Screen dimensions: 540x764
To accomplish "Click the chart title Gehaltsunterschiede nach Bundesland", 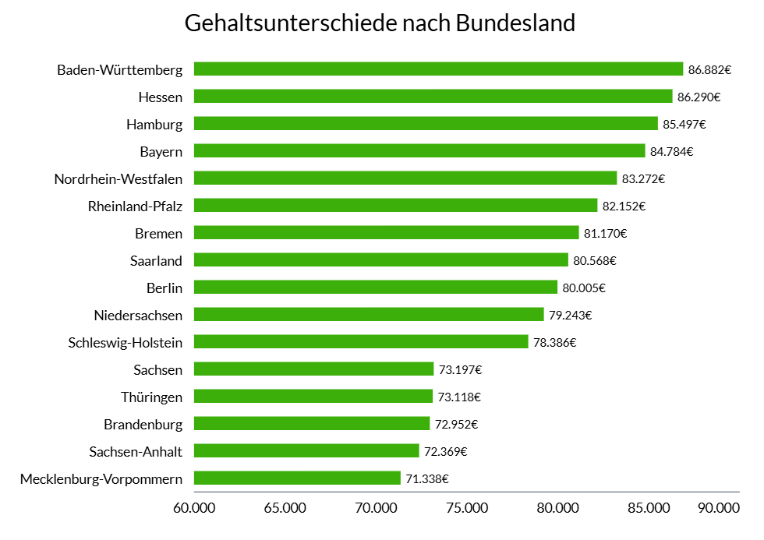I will click(x=380, y=23).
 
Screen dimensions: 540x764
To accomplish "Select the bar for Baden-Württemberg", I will click(x=438, y=69).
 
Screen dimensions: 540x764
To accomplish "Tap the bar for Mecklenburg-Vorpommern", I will click(x=297, y=478).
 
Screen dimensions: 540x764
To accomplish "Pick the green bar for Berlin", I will click(x=376, y=287).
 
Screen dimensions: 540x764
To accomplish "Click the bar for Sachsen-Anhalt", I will click(x=306, y=450).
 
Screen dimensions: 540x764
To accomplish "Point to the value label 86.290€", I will click(x=699, y=97).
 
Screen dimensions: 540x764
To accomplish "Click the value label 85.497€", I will click(x=684, y=124).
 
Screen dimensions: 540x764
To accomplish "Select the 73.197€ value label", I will click(x=460, y=369).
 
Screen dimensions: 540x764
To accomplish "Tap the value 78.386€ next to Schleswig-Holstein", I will click(x=554, y=342).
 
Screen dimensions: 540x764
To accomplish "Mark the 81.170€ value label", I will click(x=606, y=233).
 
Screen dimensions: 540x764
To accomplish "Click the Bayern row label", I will click(x=161, y=151).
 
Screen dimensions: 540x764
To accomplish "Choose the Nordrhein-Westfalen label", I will click(x=118, y=178).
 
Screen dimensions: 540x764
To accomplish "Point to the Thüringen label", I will click(x=152, y=397).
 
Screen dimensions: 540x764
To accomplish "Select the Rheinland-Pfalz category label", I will click(x=136, y=206).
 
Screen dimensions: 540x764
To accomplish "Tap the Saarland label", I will click(x=157, y=260).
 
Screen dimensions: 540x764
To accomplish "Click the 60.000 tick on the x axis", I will click(x=193, y=508).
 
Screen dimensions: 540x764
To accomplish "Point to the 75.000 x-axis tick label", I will click(x=467, y=508).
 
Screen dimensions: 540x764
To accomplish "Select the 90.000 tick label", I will click(x=718, y=508).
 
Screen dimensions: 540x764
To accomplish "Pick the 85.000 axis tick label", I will click(x=649, y=508).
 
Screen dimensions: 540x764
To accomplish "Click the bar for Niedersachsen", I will click(x=369, y=314).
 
